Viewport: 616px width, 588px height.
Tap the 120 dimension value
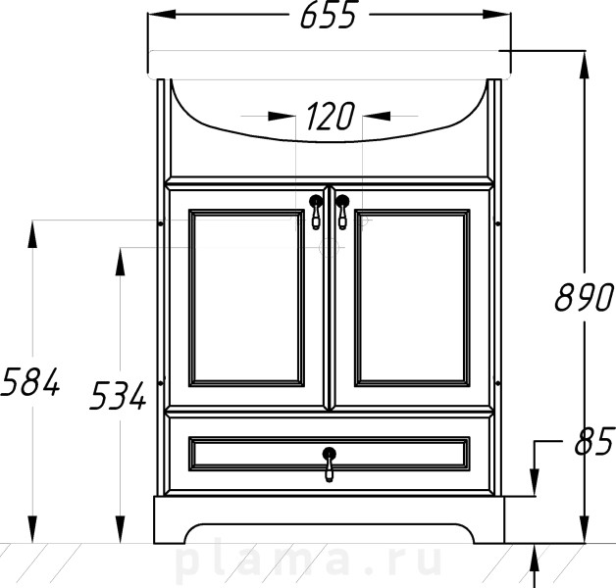tap(330, 117)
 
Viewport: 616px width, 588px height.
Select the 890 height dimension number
tap(584, 297)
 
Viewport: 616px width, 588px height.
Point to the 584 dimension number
tap(30, 381)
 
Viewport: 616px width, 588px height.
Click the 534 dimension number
tap(118, 396)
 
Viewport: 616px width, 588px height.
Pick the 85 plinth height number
tap(593, 442)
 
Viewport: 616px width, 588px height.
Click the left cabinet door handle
tap(316, 212)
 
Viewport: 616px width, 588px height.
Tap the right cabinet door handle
tap(342, 212)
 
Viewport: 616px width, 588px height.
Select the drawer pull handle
tap(330, 465)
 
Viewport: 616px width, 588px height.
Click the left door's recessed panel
tap(246, 298)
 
